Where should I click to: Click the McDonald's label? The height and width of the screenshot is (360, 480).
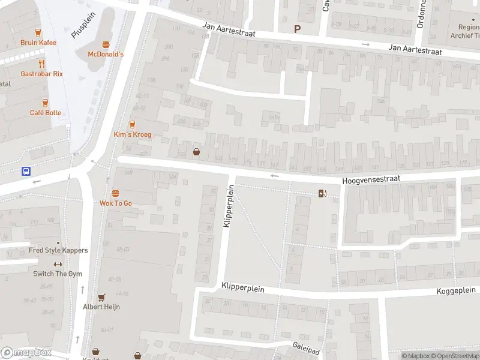106,54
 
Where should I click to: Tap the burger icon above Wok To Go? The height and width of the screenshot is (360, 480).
115,193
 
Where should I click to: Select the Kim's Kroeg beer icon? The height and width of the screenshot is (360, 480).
132,124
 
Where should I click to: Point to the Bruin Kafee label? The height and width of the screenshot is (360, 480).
38,43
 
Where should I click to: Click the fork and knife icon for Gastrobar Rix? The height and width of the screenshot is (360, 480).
41,64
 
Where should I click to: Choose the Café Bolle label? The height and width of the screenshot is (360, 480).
46,113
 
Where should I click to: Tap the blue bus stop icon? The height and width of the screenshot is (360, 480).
26,171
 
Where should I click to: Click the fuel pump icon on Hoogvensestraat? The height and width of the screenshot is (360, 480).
323,193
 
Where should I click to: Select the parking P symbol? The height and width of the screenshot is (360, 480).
296,29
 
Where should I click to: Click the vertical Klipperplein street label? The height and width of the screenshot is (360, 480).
227,205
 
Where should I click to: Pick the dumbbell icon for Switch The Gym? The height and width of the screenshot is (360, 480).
58,264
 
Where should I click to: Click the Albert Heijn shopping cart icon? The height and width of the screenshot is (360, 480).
101,297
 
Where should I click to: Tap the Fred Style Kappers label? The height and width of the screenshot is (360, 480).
58,250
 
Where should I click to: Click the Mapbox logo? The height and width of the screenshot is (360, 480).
26,353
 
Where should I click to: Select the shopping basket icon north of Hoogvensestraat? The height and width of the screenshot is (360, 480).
196,152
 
